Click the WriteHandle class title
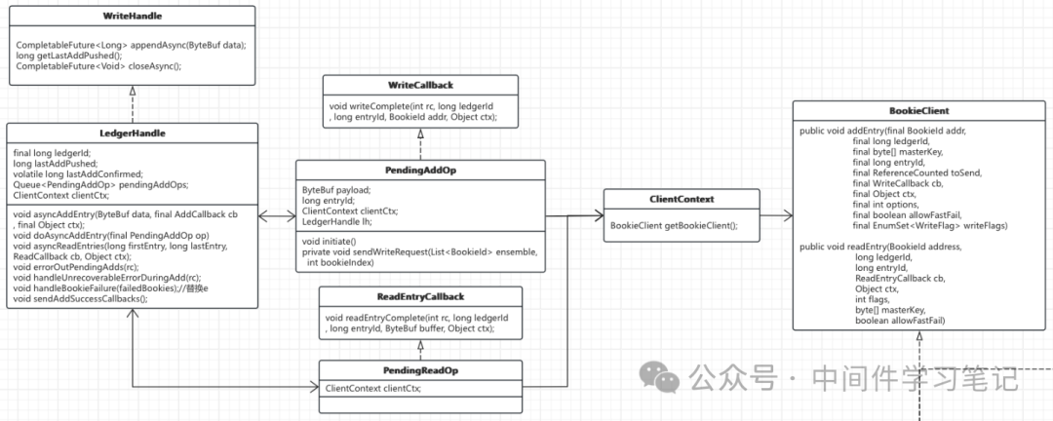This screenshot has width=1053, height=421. tap(133, 15)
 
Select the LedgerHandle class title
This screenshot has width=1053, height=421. tap(133, 134)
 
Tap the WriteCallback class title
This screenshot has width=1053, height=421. tap(420, 86)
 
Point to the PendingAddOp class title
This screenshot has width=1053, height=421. tap(420, 171)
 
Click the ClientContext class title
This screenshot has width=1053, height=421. tap(682, 200)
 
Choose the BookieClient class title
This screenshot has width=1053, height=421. tap(919, 110)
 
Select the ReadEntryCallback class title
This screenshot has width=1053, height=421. tap(419, 296)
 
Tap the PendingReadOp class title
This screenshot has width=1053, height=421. tap(419, 370)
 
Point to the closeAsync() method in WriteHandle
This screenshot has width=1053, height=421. tap(98, 66)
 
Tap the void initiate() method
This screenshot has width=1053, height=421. tap(331, 241)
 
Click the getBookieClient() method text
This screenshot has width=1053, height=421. tap(675, 226)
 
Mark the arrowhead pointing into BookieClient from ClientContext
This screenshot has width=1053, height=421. tap(788, 215)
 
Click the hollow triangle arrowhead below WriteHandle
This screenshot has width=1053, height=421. tap(133, 90)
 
